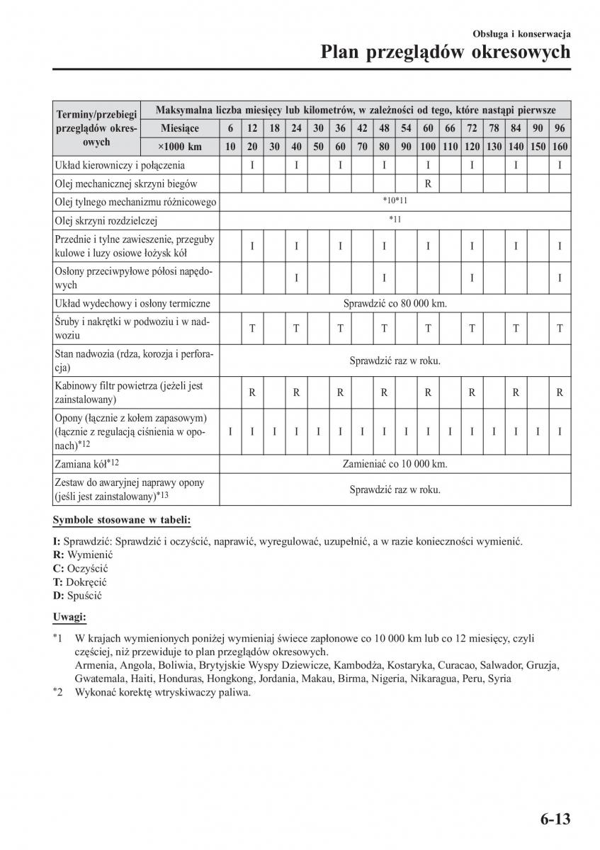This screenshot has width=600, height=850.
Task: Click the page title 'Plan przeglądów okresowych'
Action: (445, 52)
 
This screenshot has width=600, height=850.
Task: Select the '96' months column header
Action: (560, 128)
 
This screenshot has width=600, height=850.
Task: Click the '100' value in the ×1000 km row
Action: (429, 147)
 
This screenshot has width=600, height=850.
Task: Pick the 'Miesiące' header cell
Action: (180, 128)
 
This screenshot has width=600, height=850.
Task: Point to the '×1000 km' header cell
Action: (180, 147)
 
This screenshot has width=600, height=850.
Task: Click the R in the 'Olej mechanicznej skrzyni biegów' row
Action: (429, 183)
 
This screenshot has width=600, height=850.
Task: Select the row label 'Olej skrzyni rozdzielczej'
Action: (106, 220)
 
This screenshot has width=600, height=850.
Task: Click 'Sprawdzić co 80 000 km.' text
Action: (395, 303)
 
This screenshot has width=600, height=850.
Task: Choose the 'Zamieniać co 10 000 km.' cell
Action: (395, 465)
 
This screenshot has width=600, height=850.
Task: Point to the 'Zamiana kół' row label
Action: (86, 465)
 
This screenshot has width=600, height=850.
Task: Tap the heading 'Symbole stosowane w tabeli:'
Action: (122, 521)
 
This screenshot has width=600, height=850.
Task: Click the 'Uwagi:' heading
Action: (69, 617)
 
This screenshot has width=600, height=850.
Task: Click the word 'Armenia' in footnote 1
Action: (92, 665)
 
